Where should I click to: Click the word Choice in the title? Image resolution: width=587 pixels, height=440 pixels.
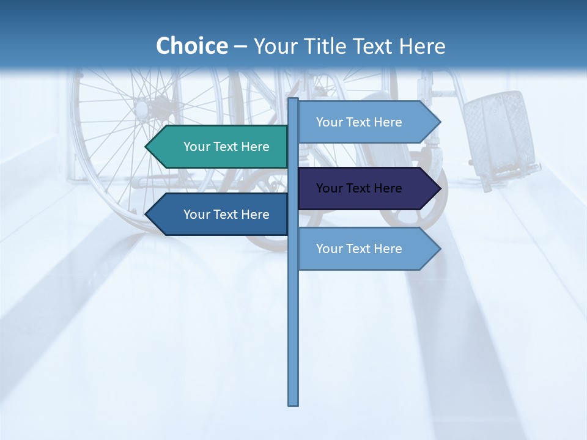(x=191, y=46)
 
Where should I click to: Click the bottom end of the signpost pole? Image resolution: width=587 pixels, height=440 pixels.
(x=293, y=403)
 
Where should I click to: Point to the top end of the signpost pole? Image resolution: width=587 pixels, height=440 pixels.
(x=293, y=100)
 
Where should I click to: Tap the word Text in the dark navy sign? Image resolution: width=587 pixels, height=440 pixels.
(x=359, y=188)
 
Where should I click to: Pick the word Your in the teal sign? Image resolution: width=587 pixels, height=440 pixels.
(x=197, y=147)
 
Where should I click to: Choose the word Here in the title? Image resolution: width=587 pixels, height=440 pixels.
(x=422, y=46)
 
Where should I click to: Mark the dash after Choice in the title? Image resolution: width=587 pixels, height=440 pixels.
(x=240, y=46)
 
